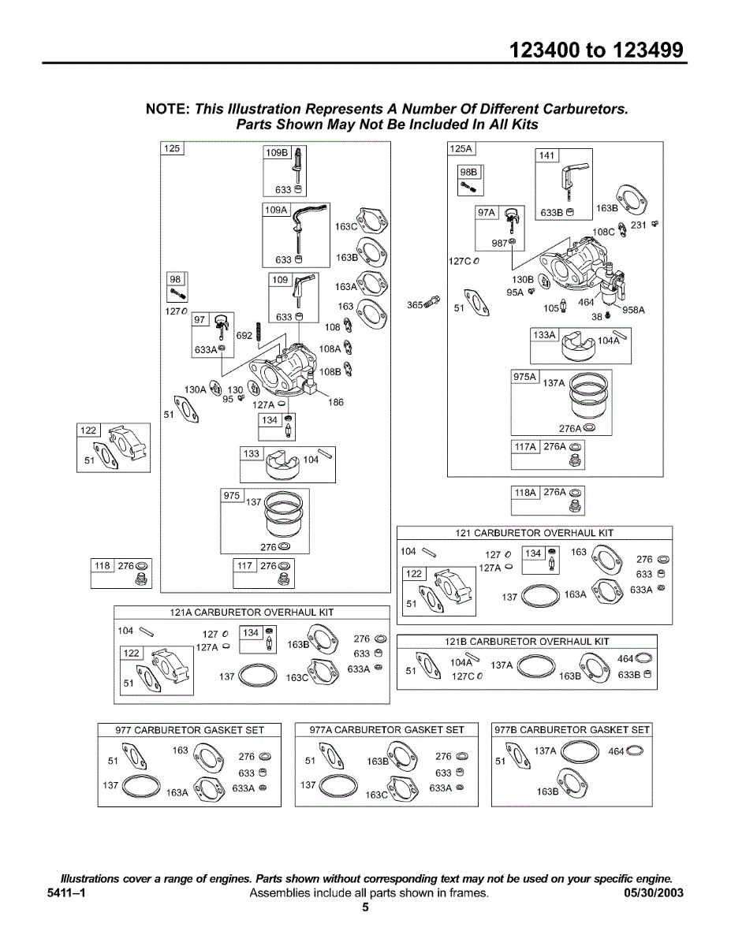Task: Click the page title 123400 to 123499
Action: [x=596, y=50]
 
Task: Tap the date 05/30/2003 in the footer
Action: [x=654, y=893]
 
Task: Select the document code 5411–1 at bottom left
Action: [x=66, y=893]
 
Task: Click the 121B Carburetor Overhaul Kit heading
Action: [x=527, y=641]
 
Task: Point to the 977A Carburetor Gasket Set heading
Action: [x=386, y=730]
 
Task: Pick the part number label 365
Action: [x=415, y=305]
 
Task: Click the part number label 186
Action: [x=336, y=402]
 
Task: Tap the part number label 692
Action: [x=244, y=335]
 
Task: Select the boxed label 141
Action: [x=546, y=155]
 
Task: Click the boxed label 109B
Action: [x=277, y=152]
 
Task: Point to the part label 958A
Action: [x=633, y=310]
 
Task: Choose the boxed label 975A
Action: [x=524, y=377]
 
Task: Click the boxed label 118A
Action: [x=524, y=493]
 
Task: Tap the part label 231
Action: [x=638, y=225]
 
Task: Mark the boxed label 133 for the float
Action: [x=252, y=453]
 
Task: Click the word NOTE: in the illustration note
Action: [x=168, y=109]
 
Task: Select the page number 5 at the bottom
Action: [x=365, y=907]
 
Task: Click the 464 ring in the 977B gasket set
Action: [x=635, y=750]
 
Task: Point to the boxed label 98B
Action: [x=468, y=172]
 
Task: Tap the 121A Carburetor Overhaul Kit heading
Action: [x=252, y=612]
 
